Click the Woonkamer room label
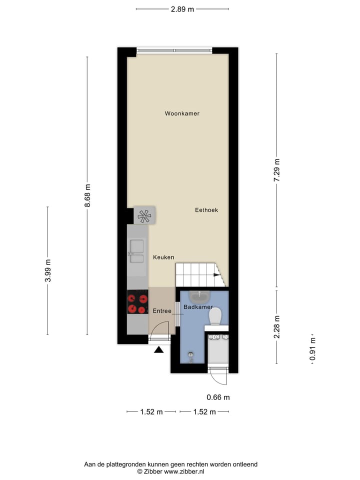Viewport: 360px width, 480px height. point(182,113)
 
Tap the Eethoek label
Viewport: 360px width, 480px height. point(206,210)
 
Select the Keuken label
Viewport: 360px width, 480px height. point(163,257)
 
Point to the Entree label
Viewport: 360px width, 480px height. point(162,311)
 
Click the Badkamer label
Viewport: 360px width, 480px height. point(198,307)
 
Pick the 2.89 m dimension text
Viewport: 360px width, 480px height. point(182,9)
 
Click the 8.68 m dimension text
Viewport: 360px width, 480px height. point(87,195)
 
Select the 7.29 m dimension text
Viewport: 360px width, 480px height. point(277,171)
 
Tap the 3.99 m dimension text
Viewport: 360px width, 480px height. point(48,270)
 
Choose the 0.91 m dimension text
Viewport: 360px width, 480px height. point(312,349)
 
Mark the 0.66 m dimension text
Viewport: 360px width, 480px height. point(218,397)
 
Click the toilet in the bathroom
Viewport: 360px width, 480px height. point(215,315)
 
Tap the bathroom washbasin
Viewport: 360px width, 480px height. point(202,295)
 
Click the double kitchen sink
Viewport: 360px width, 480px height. point(136,251)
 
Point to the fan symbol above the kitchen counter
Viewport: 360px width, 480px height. point(144,215)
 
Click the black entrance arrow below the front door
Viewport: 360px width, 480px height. point(158,350)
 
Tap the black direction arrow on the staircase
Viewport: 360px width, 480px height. point(216,274)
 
